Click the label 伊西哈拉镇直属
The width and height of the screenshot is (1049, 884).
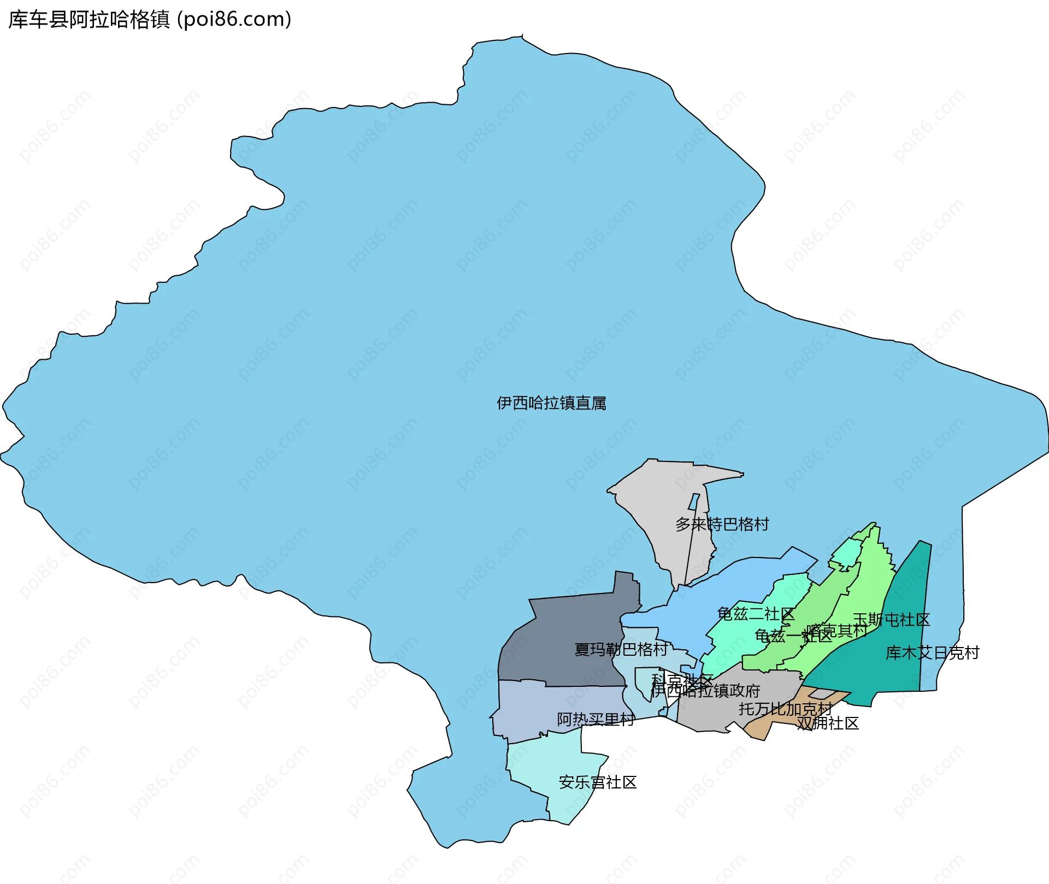(x=551, y=403)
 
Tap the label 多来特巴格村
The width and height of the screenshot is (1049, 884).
(x=722, y=524)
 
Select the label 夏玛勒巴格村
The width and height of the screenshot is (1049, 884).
(x=621, y=649)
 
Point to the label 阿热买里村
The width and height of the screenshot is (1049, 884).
(x=596, y=720)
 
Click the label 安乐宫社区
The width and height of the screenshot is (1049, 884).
(x=598, y=782)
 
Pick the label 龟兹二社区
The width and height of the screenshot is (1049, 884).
(x=756, y=614)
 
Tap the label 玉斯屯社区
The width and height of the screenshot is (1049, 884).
(x=891, y=619)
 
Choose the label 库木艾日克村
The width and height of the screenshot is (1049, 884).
(x=932, y=652)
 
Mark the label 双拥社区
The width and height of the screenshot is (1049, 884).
(x=828, y=723)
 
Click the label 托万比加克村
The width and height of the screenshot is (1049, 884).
(x=785, y=709)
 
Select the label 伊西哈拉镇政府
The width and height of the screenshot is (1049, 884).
(x=705, y=691)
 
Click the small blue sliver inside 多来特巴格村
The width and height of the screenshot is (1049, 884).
(x=694, y=502)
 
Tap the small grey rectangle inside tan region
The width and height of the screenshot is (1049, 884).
(x=822, y=693)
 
